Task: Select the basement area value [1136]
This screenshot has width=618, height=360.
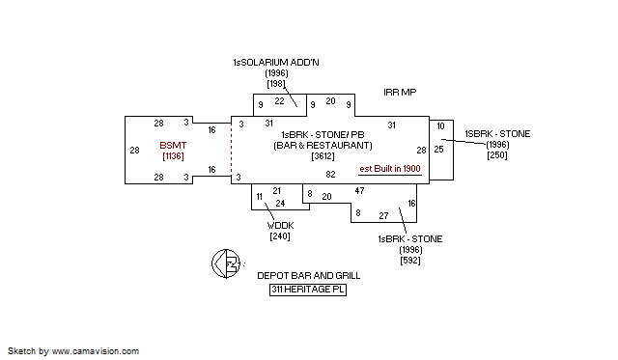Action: pyautogui.click(x=174, y=156)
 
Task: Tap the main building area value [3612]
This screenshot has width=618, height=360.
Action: pyautogui.click(x=323, y=156)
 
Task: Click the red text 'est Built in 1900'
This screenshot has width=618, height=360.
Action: pyautogui.click(x=390, y=168)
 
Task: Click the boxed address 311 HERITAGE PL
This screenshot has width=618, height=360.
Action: pyautogui.click(x=308, y=289)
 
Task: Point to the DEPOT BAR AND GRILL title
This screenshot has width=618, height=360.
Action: pyautogui.click(x=308, y=275)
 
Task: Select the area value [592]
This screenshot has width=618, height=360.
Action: pyautogui.click(x=409, y=259)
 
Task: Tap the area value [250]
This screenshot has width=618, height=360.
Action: pyautogui.click(x=497, y=155)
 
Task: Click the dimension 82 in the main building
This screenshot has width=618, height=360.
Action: pyautogui.click(x=330, y=175)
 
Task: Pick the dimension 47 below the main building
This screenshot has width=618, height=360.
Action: pyautogui.click(x=359, y=191)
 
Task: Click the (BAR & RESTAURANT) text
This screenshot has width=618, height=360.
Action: pyautogui.click(x=323, y=146)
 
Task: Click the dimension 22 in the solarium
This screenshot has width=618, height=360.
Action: pyautogui.click(x=279, y=100)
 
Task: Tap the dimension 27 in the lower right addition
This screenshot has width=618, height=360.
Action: pyautogui.click(x=383, y=215)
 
